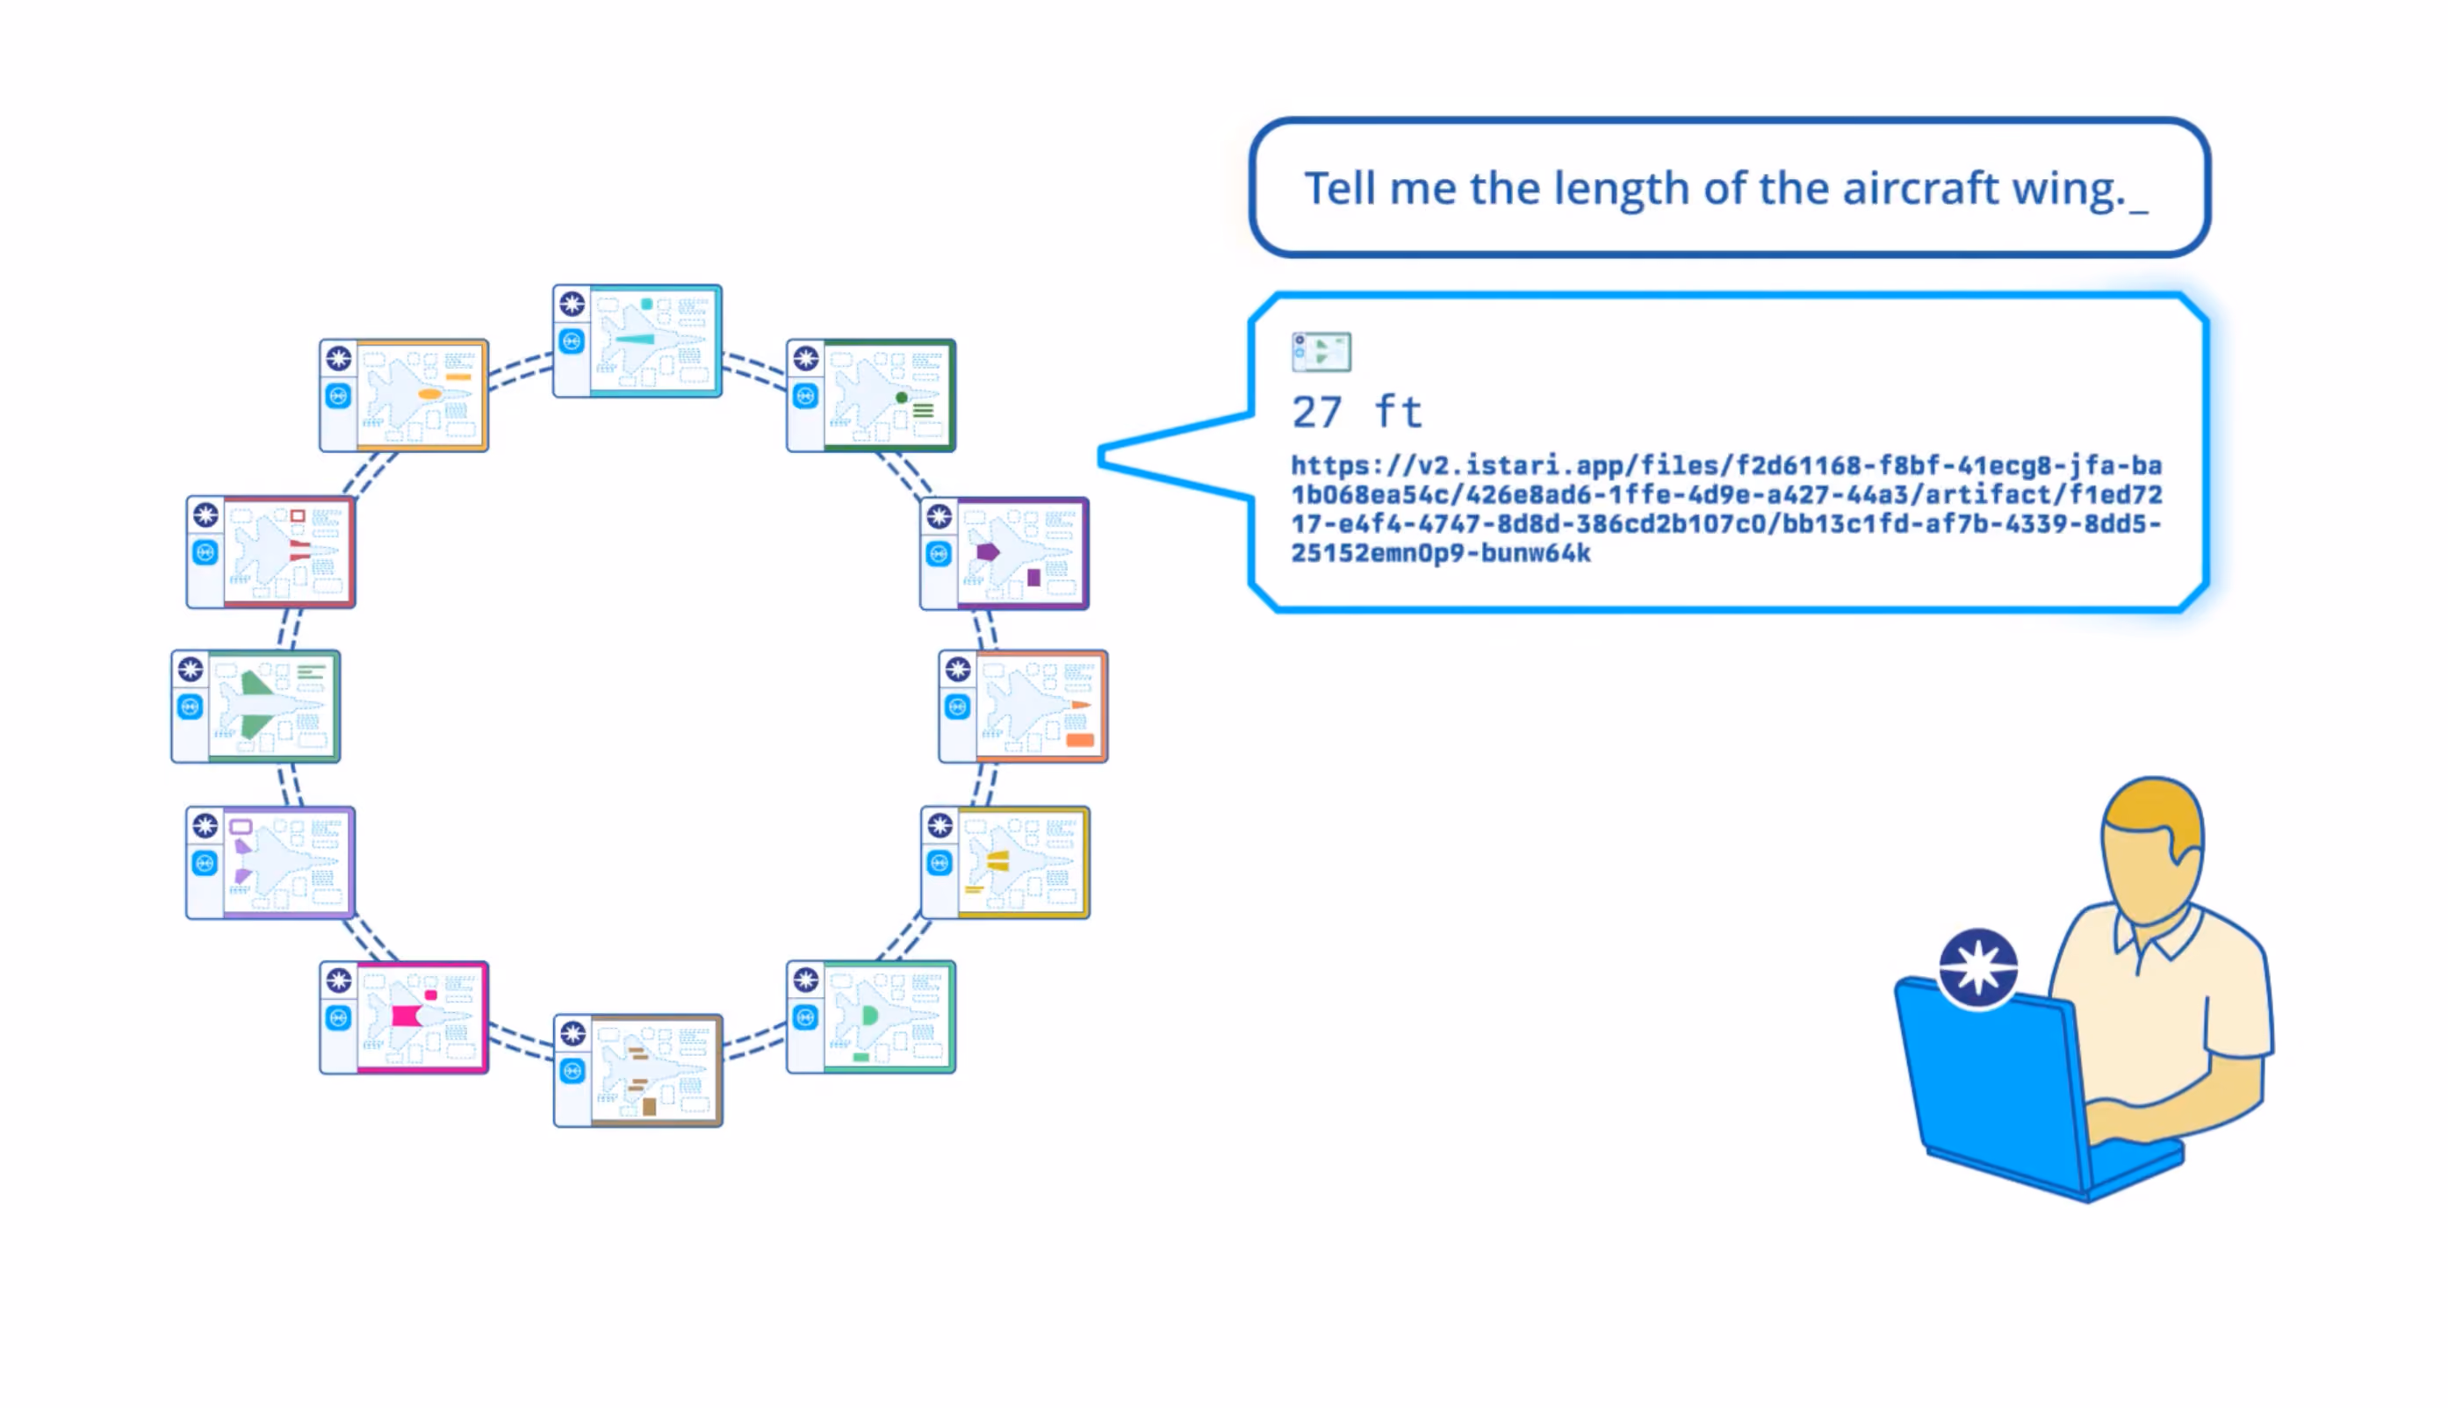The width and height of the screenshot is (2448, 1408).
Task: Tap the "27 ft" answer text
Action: pos(1356,412)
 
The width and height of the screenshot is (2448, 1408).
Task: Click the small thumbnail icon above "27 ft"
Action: pos(1321,352)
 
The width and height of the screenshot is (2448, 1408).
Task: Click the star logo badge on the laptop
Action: pos(1978,968)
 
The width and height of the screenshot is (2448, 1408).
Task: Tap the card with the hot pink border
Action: pos(403,1017)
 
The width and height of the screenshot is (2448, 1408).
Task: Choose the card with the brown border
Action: pos(637,1071)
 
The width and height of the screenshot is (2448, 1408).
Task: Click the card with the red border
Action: pos(270,552)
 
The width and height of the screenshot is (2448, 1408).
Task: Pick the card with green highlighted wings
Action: pos(256,707)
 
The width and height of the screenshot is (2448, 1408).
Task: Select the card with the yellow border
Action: pos(1005,863)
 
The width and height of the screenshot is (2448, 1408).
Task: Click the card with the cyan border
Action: pos(637,341)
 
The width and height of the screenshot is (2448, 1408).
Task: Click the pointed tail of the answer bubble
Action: pos(1103,457)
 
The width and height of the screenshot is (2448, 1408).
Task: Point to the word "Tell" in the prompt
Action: pos(1340,188)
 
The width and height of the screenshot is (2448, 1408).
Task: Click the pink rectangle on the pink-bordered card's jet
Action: pos(407,1016)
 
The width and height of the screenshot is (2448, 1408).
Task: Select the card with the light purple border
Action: pos(270,863)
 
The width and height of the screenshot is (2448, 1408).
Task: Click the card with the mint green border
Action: pos(870,1017)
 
